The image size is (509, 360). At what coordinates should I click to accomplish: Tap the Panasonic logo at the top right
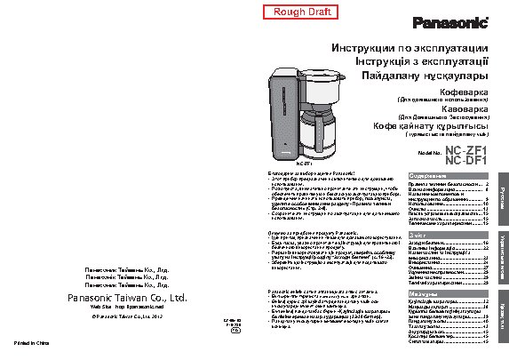pyautogui.click(x=452, y=21)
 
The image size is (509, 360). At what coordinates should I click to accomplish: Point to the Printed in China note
pyautogui.click(x=29, y=342)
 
